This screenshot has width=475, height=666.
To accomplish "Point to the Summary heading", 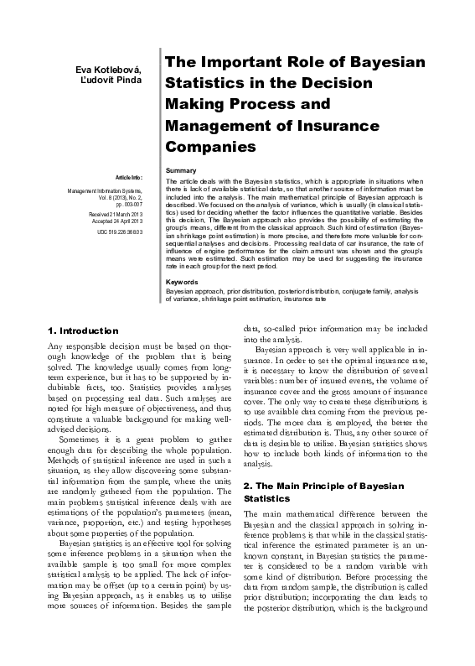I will pos(181,170).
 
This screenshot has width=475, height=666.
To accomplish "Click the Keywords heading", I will pos(183,282).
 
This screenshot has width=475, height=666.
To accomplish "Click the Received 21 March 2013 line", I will pos(116,213).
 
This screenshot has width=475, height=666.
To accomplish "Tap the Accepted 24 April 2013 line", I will pos(117,221).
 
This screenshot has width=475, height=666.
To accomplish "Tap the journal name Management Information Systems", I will pos(106,190).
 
